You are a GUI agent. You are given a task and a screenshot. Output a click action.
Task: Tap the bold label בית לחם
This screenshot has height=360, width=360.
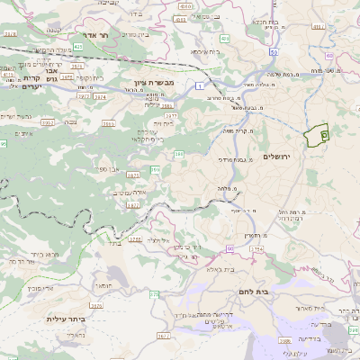coord(254,293)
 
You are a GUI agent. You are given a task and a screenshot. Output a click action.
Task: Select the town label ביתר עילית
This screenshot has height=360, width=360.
coord(66,319)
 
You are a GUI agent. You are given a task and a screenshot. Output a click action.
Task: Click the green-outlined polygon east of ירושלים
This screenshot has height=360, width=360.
coord(317,136)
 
